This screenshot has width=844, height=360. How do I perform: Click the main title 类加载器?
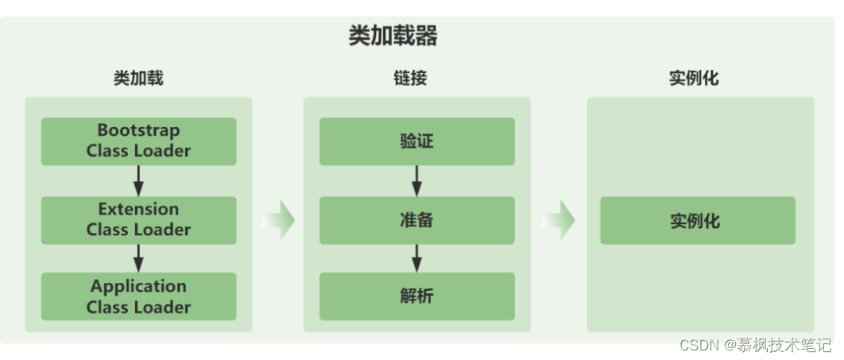pyautogui.click(x=393, y=37)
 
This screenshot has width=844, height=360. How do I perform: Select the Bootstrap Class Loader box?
pyautogui.click(x=139, y=141)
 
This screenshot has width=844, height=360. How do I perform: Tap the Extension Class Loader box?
pyautogui.click(x=139, y=220)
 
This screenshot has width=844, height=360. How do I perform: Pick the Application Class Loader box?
pyautogui.click(x=139, y=296)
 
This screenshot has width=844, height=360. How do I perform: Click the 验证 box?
pyautogui.click(x=417, y=141)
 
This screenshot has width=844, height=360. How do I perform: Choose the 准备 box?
pyautogui.click(x=417, y=220)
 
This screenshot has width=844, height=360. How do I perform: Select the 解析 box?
pyautogui.click(x=417, y=296)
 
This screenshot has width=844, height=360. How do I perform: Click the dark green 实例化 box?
pyautogui.click(x=698, y=220)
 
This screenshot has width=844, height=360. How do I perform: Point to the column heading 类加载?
pyautogui.click(x=138, y=79)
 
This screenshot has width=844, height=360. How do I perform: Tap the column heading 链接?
pyautogui.click(x=410, y=79)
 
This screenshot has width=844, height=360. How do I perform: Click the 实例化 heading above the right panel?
pyautogui.click(x=695, y=79)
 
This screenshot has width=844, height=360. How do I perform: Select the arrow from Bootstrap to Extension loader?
pyautogui.click(x=138, y=181)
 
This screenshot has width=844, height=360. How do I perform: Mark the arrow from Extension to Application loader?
pyautogui.click(x=138, y=258)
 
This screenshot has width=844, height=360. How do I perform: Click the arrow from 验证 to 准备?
pyautogui.click(x=416, y=181)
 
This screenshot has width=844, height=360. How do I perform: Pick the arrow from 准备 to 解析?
pyautogui.click(x=416, y=258)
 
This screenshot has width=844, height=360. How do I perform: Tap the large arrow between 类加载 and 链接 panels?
pyautogui.click(x=279, y=220)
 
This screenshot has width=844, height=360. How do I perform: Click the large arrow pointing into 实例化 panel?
pyautogui.click(x=559, y=220)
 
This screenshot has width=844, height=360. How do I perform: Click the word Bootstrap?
pyautogui.click(x=139, y=130)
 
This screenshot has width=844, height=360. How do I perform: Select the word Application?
pyautogui.click(x=139, y=286)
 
